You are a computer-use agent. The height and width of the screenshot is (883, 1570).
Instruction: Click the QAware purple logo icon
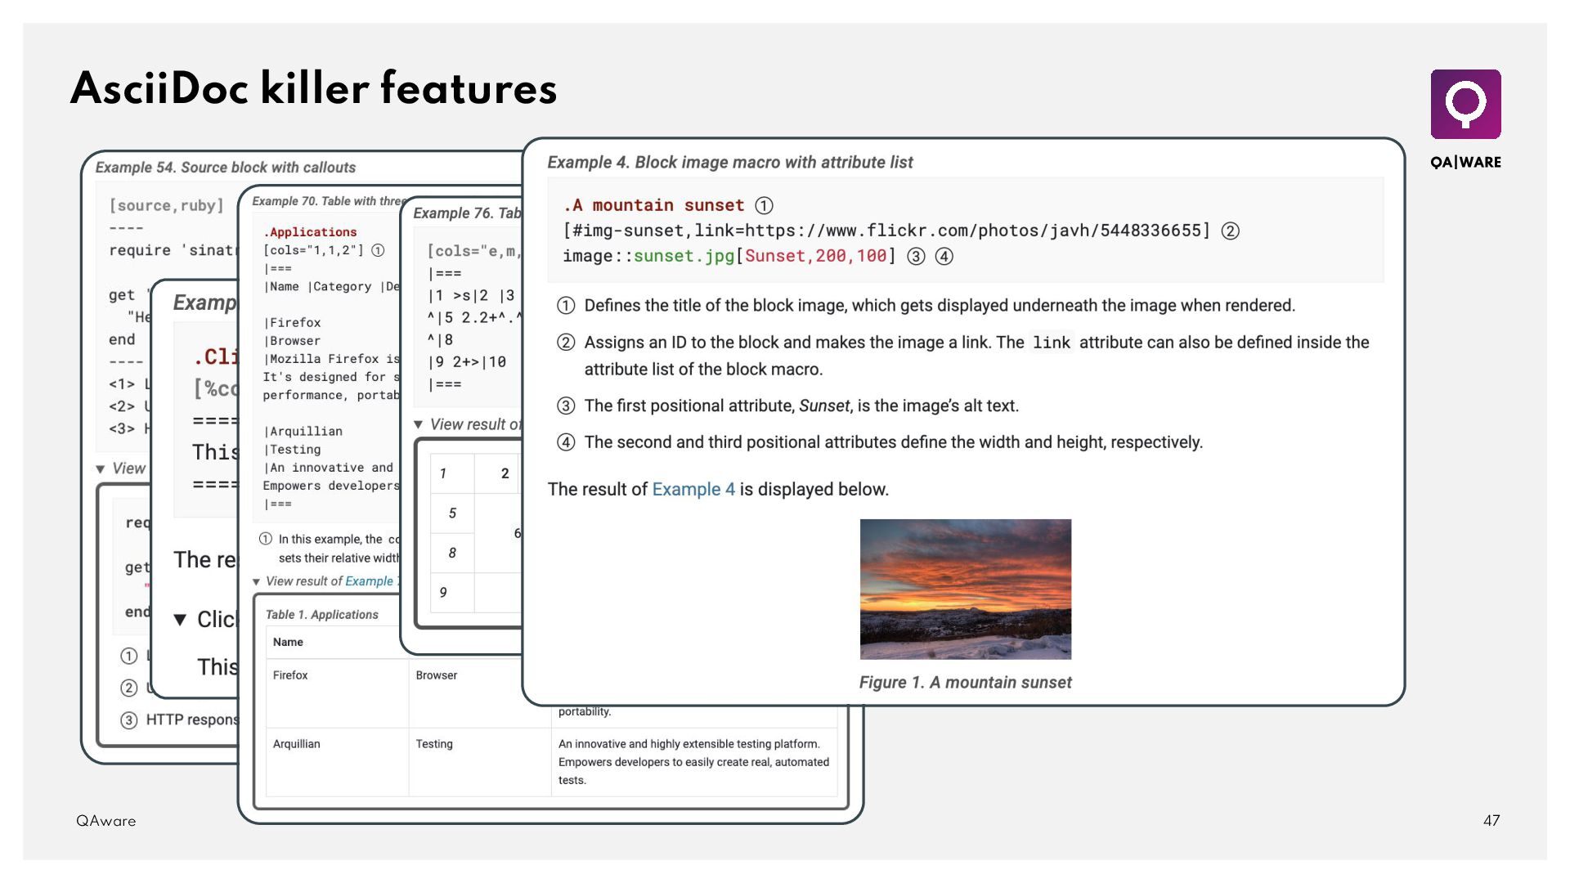click(1465, 104)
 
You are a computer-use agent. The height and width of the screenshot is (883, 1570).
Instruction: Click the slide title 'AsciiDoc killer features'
click(314, 89)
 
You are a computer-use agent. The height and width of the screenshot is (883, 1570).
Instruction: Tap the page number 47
click(1491, 820)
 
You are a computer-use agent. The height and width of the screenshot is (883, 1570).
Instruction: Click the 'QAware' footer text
click(106, 821)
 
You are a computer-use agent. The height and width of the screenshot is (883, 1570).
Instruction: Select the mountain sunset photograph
click(965, 589)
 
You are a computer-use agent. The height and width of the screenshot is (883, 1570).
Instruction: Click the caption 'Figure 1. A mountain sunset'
click(965, 683)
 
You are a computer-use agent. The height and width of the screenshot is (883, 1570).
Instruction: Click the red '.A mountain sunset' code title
click(653, 205)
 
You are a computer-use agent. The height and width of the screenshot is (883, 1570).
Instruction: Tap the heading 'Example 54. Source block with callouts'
click(226, 168)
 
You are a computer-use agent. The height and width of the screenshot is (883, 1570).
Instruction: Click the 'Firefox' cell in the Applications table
click(290, 675)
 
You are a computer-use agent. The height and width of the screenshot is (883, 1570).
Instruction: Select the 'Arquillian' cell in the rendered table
click(297, 744)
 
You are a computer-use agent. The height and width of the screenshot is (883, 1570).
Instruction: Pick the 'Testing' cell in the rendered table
click(434, 744)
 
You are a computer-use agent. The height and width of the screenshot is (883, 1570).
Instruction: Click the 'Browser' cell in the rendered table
click(437, 675)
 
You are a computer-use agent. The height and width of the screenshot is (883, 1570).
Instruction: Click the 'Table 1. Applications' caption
click(322, 615)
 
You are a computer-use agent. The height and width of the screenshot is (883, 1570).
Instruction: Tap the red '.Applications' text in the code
click(311, 232)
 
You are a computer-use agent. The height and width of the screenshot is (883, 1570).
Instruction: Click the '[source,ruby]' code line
click(167, 206)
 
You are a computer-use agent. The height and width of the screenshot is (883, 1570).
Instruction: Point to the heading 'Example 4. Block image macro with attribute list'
click(730, 163)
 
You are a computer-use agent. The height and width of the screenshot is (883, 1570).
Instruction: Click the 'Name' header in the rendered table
click(288, 643)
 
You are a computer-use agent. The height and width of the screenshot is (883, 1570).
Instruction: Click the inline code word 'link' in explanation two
click(1052, 343)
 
